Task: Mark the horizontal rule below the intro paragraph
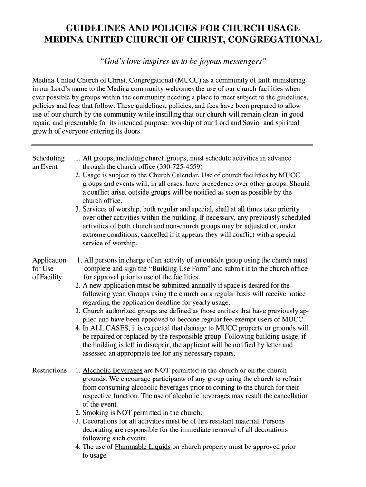(172, 145)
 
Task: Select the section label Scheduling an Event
(48, 162)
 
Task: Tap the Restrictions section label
(49, 370)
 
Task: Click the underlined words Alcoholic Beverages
(112, 370)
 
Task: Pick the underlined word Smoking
(95, 413)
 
